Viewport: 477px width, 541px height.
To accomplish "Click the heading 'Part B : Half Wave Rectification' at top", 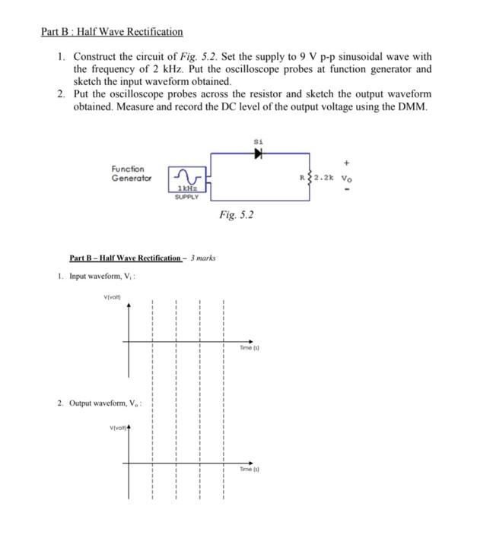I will (112, 32).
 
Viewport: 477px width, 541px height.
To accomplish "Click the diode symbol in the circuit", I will (259, 153).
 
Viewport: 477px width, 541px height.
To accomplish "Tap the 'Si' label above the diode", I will (259, 141).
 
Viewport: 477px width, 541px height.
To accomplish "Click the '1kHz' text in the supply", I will (186, 188).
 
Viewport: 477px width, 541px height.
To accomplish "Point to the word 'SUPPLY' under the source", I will (186, 197).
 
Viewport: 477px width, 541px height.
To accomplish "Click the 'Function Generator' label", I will (132, 173).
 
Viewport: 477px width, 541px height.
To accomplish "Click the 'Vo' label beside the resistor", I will (347, 179).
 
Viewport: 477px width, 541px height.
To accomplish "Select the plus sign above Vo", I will (347, 163).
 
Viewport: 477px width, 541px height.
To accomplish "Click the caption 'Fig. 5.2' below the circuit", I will (236, 215).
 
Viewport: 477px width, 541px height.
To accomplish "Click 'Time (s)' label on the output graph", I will (250, 470).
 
